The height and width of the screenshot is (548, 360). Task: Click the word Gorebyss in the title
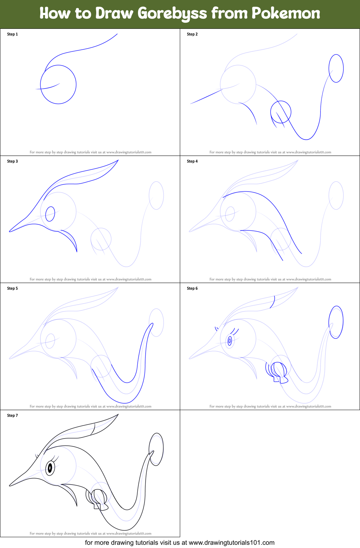[x=172, y=14]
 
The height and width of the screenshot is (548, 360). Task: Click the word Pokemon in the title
[x=285, y=13]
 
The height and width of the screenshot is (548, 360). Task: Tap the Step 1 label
[x=12, y=34]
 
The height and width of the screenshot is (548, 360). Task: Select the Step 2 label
[x=192, y=34]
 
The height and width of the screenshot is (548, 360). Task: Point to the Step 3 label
[x=12, y=161]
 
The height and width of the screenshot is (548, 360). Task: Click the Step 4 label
[x=192, y=161]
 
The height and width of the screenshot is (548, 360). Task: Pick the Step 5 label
[x=12, y=288]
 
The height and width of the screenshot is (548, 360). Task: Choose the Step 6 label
[x=192, y=288]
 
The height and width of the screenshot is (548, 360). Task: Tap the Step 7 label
[x=12, y=416]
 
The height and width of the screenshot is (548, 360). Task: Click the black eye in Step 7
[x=50, y=468]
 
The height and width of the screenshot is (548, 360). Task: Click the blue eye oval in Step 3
[x=50, y=214]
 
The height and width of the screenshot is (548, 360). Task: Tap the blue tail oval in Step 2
[x=336, y=68]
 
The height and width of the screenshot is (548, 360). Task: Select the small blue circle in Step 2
[x=281, y=112]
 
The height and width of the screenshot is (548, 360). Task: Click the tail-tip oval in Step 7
[x=156, y=449]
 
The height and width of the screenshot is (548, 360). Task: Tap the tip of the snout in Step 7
[x=10, y=485]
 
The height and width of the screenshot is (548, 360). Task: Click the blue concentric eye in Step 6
[x=230, y=340]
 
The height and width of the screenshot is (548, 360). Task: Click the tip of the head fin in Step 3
[x=118, y=160]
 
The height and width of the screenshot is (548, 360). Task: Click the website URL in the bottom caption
[x=231, y=543]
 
